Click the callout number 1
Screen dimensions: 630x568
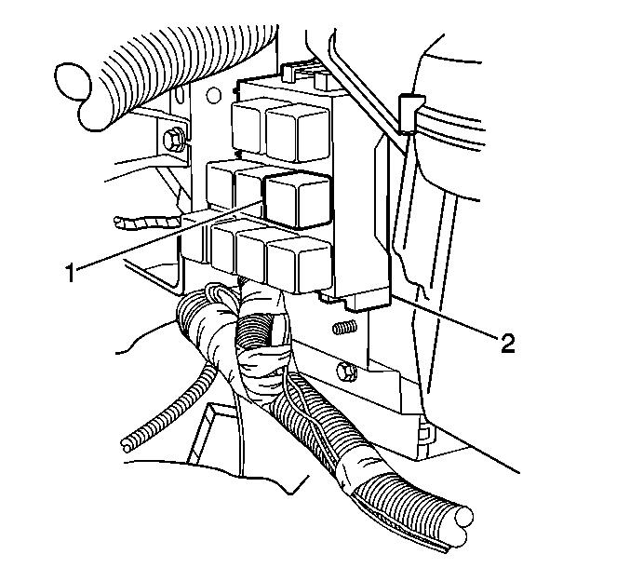71,273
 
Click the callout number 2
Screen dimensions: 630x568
508,343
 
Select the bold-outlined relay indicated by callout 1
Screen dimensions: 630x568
298,200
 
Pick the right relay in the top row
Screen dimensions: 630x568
298,133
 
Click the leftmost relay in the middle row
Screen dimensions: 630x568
221,184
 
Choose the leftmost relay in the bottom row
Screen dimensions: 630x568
224,248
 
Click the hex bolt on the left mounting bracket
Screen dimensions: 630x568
173,140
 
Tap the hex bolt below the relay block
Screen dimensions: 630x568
347,372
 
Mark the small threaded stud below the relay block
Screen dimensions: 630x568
344,327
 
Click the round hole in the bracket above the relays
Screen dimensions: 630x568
214,95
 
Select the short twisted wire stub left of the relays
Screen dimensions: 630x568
148,223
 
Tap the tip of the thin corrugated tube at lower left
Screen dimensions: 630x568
127,445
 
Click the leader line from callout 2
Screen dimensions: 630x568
445,315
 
